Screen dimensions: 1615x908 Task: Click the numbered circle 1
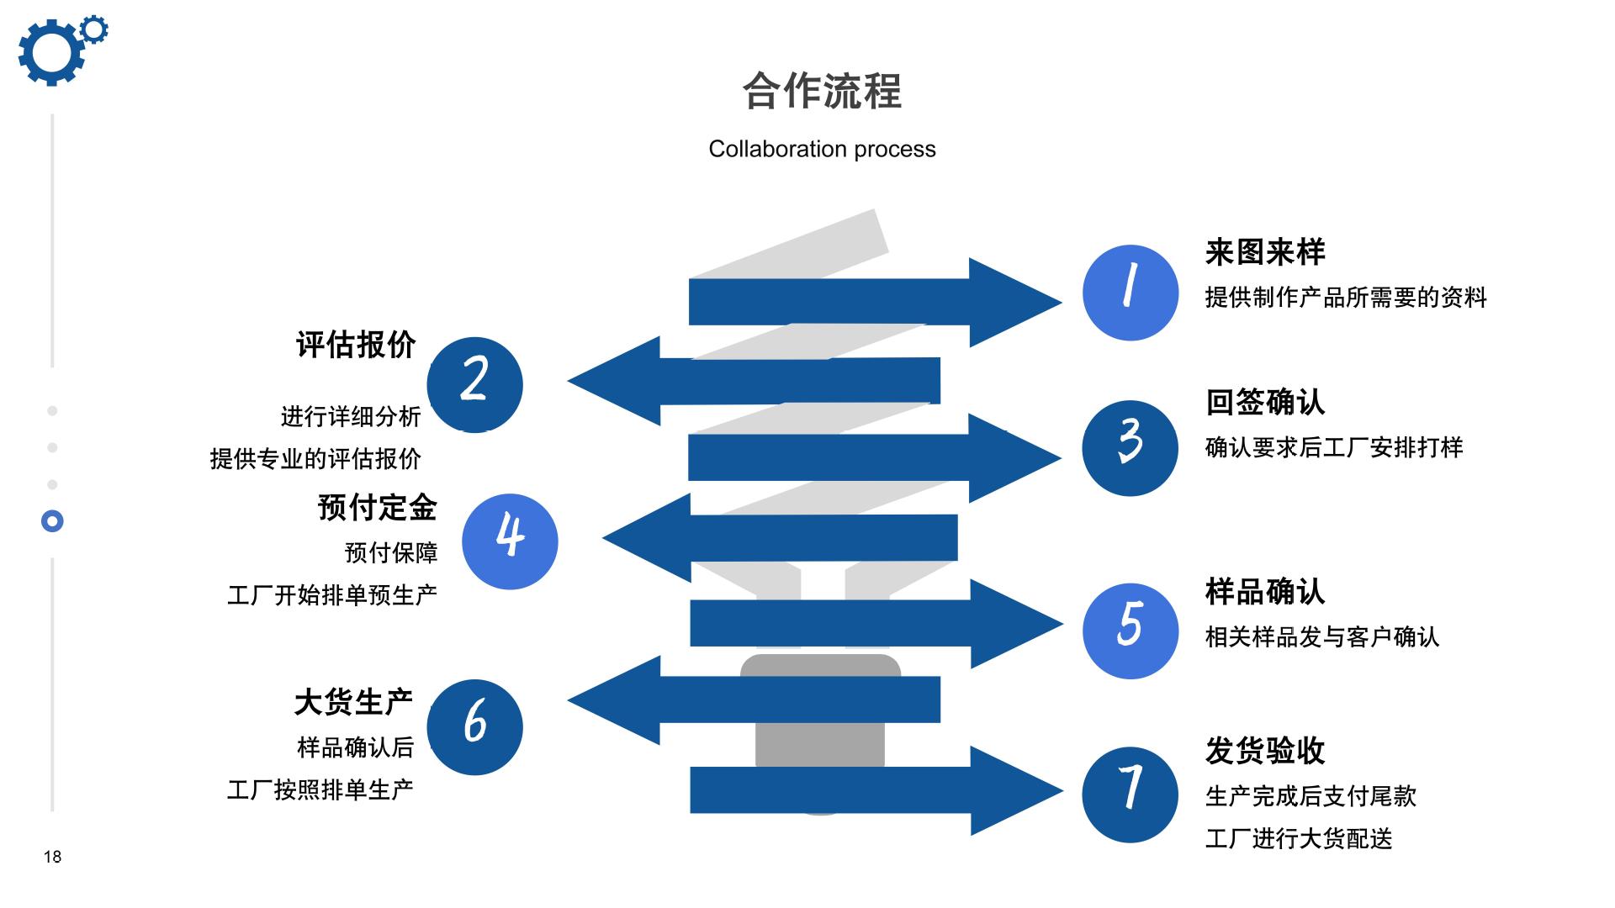[1130, 293]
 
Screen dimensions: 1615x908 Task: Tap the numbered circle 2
[474, 385]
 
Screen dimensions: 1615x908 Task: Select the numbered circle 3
[1130, 448]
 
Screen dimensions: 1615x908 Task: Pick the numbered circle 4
[510, 541]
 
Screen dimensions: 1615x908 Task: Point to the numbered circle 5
[1130, 631]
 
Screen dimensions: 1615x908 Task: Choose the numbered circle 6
[474, 727]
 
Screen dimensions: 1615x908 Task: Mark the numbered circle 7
[1130, 794]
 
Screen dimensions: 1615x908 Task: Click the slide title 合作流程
[822, 91]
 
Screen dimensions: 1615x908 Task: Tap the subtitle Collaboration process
[822, 149]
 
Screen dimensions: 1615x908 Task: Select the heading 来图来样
[1265, 252]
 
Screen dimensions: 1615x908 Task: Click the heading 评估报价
[356, 345]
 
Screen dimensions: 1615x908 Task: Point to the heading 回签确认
[1265, 402]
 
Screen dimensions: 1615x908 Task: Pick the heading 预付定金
[378, 508]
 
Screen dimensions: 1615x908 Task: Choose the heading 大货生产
[354, 702]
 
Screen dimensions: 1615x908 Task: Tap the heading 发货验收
[1265, 751]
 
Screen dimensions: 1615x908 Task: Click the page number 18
[52, 857]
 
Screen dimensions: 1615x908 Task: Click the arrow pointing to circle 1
[876, 302]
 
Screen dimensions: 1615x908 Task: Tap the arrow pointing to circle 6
[754, 699]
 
